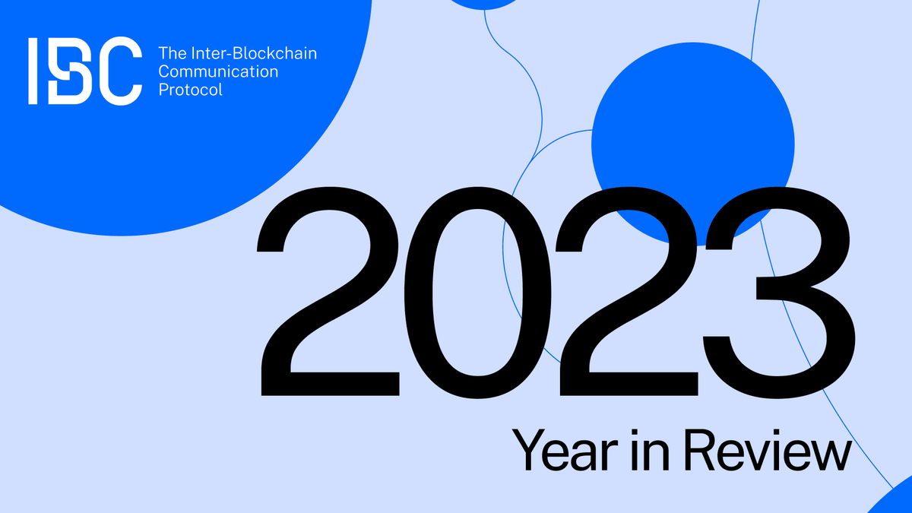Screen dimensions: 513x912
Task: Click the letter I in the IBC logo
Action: pos(33,70)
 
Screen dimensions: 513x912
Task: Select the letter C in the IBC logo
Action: pos(120,70)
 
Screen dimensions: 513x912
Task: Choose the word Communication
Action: pos(218,72)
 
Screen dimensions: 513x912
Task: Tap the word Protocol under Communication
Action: pos(190,90)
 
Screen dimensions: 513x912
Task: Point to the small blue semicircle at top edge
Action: pos(483,4)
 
